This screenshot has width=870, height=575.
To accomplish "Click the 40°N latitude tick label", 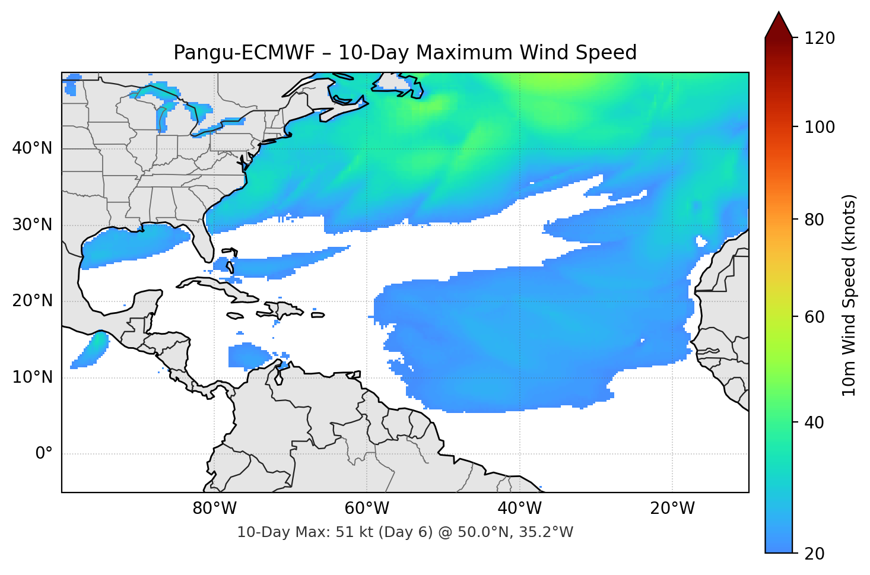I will click(32, 148).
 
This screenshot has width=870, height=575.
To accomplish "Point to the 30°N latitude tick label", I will click(32, 225).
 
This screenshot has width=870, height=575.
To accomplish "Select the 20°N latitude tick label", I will click(32, 301).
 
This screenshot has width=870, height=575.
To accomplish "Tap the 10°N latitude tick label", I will click(32, 377).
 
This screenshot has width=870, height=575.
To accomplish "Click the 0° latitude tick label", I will click(43, 454).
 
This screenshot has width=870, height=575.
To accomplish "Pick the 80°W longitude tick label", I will click(214, 509).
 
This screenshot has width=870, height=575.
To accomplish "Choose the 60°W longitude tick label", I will click(367, 509).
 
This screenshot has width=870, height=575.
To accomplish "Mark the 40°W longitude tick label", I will click(519, 509).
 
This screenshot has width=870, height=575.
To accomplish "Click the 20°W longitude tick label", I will click(672, 509).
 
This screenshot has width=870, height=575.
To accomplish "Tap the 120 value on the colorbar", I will click(820, 38).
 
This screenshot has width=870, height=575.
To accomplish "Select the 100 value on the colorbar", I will click(820, 127).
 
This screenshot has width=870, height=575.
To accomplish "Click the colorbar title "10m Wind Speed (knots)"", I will click(849, 295).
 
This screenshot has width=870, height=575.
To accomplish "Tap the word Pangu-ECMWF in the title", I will click(244, 53).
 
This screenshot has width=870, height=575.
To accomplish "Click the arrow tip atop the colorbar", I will click(779, 13).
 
